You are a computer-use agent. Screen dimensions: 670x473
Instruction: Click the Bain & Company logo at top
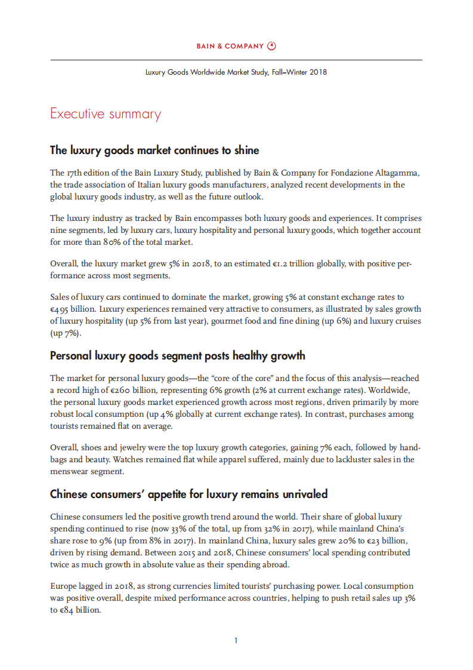click(236, 46)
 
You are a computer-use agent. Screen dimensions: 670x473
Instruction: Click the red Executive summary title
click(106, 113)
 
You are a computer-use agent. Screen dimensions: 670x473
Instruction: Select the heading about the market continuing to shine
click(154, 150)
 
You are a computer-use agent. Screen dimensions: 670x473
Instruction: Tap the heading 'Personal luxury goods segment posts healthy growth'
click(178, 356)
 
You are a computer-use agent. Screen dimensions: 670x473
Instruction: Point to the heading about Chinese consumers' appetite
click(188, 494)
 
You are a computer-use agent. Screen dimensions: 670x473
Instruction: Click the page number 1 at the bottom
click(236, 641)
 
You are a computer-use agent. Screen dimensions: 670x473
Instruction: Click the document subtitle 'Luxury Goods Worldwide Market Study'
click(236, 72)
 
